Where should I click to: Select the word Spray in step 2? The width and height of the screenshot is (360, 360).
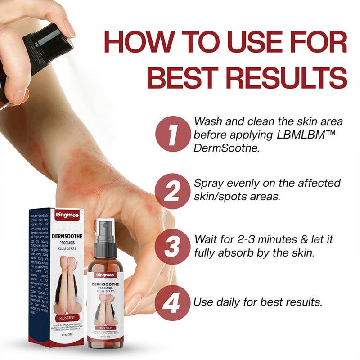click(x=209, y=184)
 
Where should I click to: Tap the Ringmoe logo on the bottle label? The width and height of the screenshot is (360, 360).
click(x=105, y=274)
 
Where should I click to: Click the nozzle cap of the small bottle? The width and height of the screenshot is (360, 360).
click(x=106, y=233)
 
